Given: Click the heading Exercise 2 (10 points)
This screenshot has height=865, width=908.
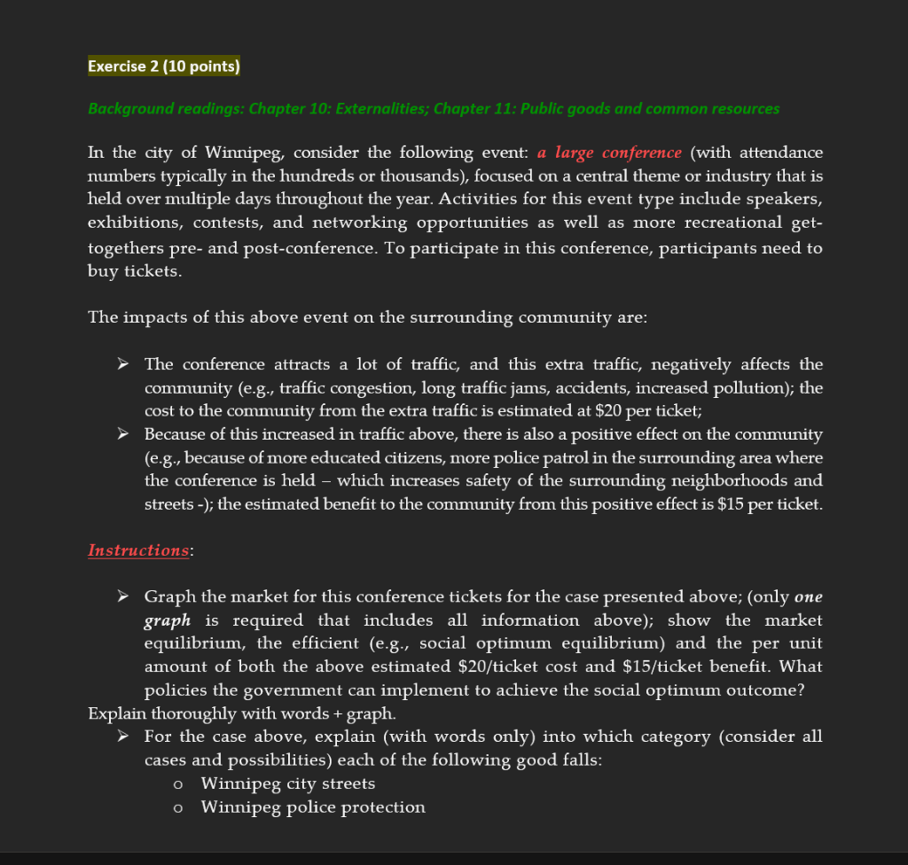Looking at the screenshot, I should click(x=164, y=66).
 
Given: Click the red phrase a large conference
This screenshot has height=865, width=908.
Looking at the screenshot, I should click(x=609, y=153).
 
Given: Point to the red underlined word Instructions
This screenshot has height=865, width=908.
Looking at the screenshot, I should click(x=138, y=550).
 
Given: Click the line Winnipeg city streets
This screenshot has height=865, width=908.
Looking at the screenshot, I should click(x=287, y=783).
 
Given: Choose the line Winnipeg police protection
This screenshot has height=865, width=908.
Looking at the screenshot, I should click(x=312, y=807).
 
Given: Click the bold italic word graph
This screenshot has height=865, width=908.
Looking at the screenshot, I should click(x=168, y=620).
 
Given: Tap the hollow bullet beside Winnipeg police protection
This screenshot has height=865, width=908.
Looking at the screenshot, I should click(x=179, y=807).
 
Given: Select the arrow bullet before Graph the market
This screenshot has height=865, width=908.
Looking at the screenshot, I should click(x=125, y=597).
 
